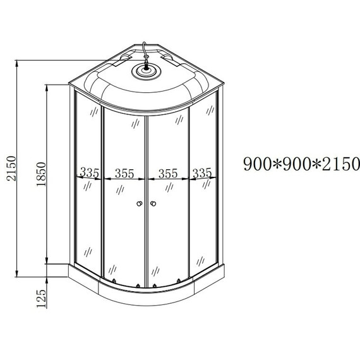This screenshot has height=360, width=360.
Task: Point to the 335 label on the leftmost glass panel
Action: click(x=90, y=172)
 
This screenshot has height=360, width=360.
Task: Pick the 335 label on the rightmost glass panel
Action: click(x=201, y=172)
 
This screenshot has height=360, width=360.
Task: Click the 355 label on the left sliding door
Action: click(x=124, y=172)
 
